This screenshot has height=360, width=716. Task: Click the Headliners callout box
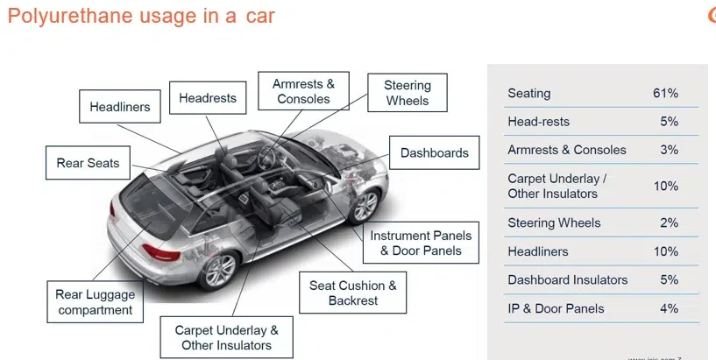pyautogui.click(x=120, y=108)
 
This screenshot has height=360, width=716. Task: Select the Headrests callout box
pyautogui.click(x=208, y=98)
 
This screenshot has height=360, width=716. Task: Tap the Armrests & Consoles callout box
pyautogui.click(x=303, y=91)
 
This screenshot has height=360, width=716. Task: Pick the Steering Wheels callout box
pyautogui.click(x=408, y=93)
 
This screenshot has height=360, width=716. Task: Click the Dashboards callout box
pyautogui.click(x=434, y=153)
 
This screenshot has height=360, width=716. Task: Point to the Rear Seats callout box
pyautogui.click(x=88, y=163)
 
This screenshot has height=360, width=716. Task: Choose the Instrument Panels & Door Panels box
pyautogui.click(x=421, y=244)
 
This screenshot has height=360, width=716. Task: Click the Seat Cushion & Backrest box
pyautogui.click(x=352, y=293)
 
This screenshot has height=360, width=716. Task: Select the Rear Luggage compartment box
pyautogui.click(x=94, y=302)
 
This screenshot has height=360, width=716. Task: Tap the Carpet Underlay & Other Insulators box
pyautogui.click(x=226, y=337)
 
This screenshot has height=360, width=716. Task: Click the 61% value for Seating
pyautogui.click(x=666, y=93)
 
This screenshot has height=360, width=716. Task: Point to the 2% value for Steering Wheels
pyautogui.click(x=670, y=222)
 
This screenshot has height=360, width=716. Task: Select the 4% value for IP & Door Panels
pyautogui.click(x=670, y=308)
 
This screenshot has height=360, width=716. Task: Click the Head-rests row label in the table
pyautogui.click(x=538, y=122)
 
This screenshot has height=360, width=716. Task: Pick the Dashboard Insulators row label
pyautogui.click(x=567, y=280)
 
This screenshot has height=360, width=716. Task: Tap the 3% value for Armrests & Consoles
pyautogui.click(x=670, y=150)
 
